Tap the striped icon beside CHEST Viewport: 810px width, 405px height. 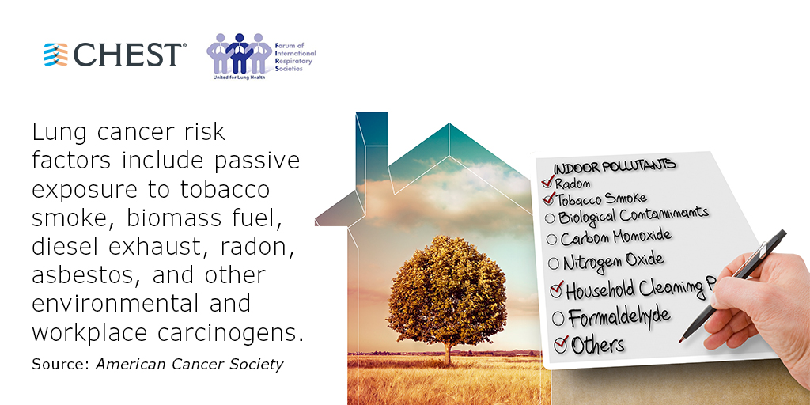click(56, 55)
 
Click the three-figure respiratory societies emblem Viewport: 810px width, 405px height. click(239, 54)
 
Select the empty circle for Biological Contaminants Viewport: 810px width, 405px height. click(551, 218)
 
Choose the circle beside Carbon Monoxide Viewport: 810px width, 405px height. click(551, 239)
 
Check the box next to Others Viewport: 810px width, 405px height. click(561, 344)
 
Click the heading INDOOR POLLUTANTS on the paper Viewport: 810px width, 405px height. click(615, 166)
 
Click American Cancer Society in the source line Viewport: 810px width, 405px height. click(190, 364)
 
